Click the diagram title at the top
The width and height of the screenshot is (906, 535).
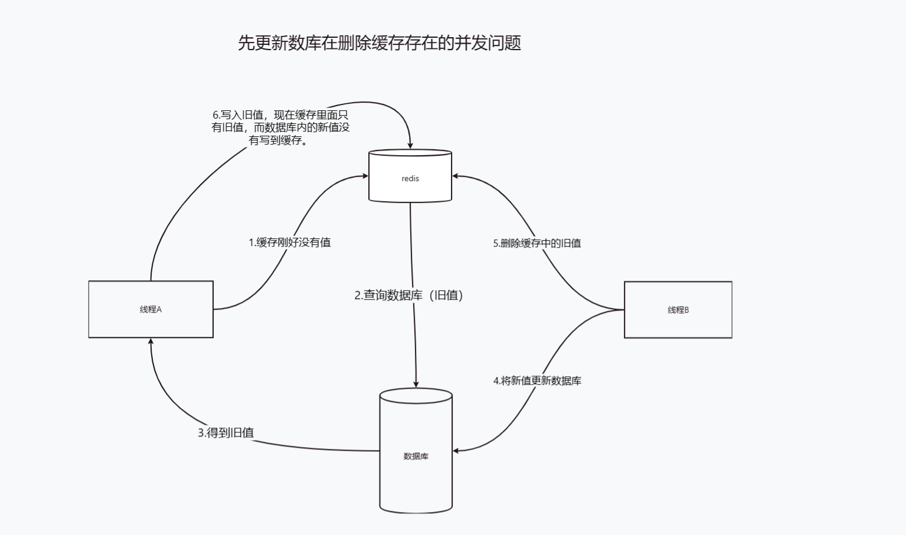pyautogui.click(x=380, y=43)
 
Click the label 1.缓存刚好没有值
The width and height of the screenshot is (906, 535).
pyautogui.click(x=289, y=242)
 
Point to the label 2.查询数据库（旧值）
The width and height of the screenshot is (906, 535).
pyautogui.click(x=408, y=296)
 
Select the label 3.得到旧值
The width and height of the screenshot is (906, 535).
pyautogui.click(x=225, y=432)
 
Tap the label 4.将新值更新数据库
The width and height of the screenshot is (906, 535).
pyautogui.click(x=537, y=381)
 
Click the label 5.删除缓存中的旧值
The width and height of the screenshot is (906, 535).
pyautogui.click(x=537, y=243)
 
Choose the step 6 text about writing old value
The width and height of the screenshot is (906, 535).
pyautogui.click(x=280, y=127)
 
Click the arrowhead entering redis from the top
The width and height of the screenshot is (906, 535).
pyautogui.click(x=410, y=146)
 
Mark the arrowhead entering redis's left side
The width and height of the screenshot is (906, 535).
pyautogui.click(x=365, y=176)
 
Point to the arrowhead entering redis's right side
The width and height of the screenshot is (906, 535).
pyautogui.click(x=456, y=176)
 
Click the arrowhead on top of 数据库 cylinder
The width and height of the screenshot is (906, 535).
pyautogui.click(x=416, y=384)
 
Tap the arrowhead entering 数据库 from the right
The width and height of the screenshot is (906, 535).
pyautogui.click(x=456, y=451)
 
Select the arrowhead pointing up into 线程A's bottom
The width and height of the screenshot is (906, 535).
pyautogui.click(x=151, y=342)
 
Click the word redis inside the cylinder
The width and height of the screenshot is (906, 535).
pyautogui.click(x=410, y=179)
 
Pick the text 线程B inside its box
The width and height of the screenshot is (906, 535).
pyautogui.click(x=678, y=310)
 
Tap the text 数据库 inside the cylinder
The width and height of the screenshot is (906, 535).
pyautogui.click(x=416, y=456)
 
